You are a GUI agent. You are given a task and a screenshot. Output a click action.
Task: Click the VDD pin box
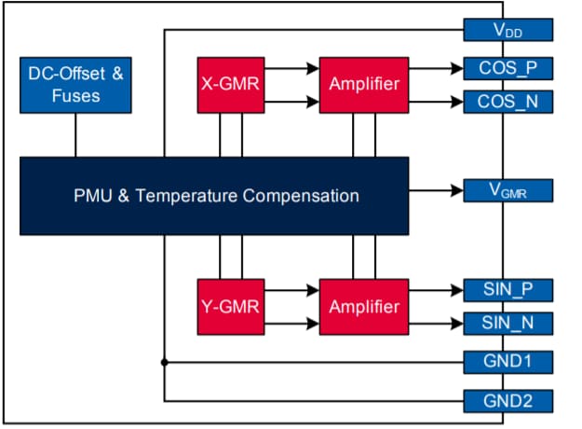click(x=508, y=30)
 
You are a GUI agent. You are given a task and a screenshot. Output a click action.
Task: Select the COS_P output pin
click(x=508, y=68)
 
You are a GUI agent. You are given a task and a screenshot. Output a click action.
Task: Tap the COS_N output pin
click(x=508, y=102)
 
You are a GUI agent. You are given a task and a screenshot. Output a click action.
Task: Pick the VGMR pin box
click(x=508, y=191)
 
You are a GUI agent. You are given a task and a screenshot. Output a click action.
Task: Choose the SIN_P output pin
click(x=508, y=290)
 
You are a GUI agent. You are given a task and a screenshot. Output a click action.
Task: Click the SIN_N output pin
click(x=508, y=324)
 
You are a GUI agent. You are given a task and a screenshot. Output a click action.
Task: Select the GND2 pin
click(x=508, y=401)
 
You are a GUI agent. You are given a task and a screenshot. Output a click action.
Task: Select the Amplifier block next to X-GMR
click(x=364, y=85)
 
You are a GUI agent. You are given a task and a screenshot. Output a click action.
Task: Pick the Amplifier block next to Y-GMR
click(x=364, y=306)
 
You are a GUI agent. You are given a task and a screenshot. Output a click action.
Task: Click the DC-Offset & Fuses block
click(x=76, y=85)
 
